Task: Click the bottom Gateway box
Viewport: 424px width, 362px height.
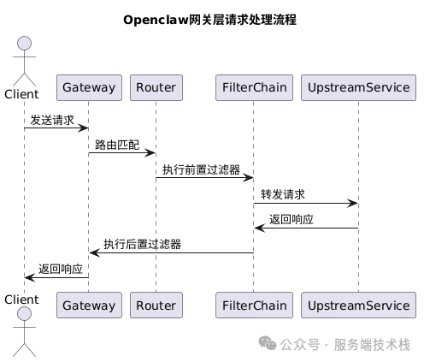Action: (89, 304)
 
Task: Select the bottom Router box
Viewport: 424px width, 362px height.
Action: (156, 304)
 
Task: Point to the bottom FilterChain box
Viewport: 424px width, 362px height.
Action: (254, 304)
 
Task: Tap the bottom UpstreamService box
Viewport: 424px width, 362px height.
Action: (359, 304)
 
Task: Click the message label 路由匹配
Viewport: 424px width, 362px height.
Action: (117, 145)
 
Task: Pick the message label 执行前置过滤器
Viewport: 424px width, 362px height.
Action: (201, 170)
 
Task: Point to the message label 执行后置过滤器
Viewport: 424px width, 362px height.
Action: (142, 245)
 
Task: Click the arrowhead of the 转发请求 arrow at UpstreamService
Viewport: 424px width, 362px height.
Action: (353, 204)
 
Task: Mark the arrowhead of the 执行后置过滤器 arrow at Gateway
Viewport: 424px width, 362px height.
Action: (94, 252)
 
